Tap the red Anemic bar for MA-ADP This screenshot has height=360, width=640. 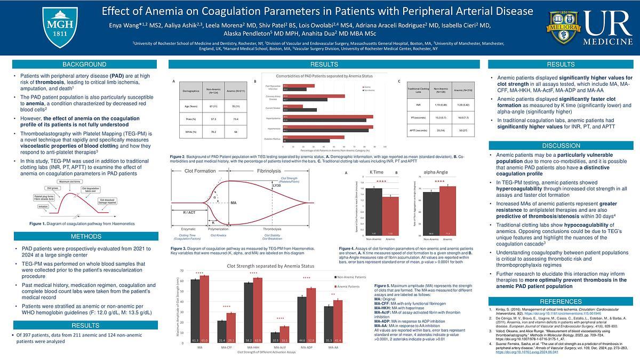[311, 314]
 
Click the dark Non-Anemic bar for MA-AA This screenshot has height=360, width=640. [329, 324]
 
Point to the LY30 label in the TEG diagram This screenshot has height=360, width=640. [277, 186]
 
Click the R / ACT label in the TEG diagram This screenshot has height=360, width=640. [189, 212]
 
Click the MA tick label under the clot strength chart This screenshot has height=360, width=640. [199, 348]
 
